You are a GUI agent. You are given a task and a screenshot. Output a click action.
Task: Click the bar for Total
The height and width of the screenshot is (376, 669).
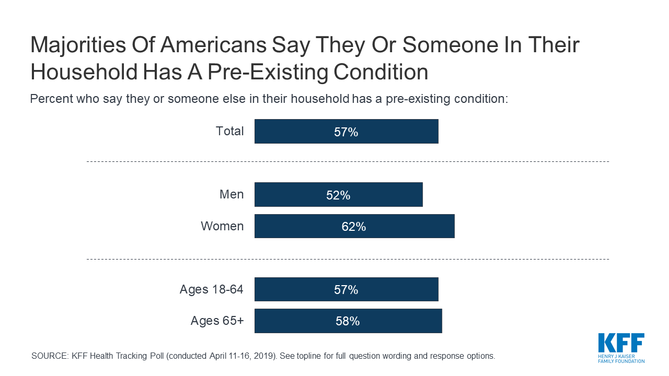(347, 131)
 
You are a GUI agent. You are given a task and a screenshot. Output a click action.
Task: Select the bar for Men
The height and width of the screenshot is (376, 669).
(339, 195)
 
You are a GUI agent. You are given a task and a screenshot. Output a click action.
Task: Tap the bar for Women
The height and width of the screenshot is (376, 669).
(354, 226)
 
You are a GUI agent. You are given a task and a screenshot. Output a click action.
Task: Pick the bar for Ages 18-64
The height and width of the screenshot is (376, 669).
(347, 289)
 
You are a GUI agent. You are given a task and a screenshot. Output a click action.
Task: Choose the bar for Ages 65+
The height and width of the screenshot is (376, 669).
(348, 321)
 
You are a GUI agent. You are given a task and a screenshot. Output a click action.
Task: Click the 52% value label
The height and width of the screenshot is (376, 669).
(338, 195)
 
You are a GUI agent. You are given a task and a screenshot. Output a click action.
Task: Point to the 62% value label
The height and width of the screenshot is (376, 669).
(354, 227)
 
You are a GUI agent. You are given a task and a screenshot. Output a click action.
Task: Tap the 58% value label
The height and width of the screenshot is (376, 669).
(348, 321)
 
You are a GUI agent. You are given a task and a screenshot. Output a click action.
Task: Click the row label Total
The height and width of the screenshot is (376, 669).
(229, 131)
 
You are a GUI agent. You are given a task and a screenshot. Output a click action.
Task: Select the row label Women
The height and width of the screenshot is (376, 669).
(222, 226)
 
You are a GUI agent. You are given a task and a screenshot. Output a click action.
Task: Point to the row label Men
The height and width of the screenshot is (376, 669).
(232, 195)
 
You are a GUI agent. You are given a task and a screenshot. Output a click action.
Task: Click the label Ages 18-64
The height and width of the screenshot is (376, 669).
(212, 290)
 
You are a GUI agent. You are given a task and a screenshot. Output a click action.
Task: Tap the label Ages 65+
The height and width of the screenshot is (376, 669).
(217, 321)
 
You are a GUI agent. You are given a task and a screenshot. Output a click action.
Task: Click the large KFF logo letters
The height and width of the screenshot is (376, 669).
(621, 343)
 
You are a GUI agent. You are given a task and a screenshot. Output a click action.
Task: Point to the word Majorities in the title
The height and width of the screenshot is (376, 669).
(78, 45)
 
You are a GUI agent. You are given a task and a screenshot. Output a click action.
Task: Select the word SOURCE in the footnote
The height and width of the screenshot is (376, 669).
(50, 356)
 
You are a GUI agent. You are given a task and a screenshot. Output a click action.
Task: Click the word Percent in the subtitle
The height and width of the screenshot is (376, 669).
(51, 99)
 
